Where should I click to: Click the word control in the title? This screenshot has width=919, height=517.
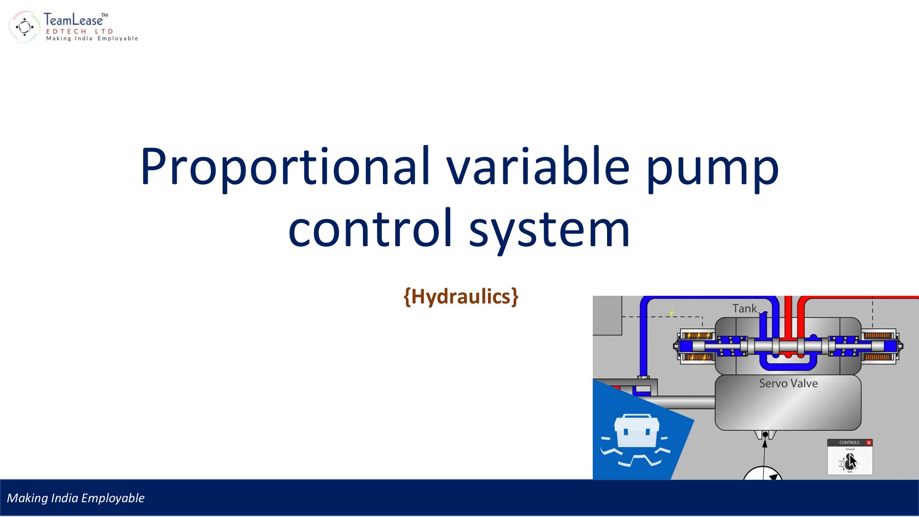pyautogui.click(x=370, y=229)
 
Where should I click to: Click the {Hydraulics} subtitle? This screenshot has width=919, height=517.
pyautogui.click(x=461, y=297)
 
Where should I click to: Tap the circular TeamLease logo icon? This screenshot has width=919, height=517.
pyautogui.click(x=24, y=27)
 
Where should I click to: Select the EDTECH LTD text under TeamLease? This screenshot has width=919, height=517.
pyautogui.click(x=79, y=31)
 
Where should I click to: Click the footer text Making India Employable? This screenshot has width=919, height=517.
pyautogui.click(x=76, y=498)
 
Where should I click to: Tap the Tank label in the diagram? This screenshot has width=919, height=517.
pyautogui.click(x=744, y=309)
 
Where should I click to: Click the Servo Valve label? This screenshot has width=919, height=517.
pyautogui.click(x=788, y=383)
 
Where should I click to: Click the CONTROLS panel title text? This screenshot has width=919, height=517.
pyautogui.click(x=849, y=442)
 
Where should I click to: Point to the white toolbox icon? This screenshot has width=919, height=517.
pyautogui.click(x=636, y=432)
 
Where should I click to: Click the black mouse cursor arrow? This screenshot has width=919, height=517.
pyautogui.click(x=851, y=461)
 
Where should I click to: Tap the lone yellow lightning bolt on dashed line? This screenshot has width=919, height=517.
pyautogui.click(x=672, y=312)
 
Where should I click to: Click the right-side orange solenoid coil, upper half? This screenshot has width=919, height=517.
pyautogui.click(x=878, y=336)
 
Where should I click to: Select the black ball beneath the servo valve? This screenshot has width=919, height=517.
pyautogui.click(x=765, y=435)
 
